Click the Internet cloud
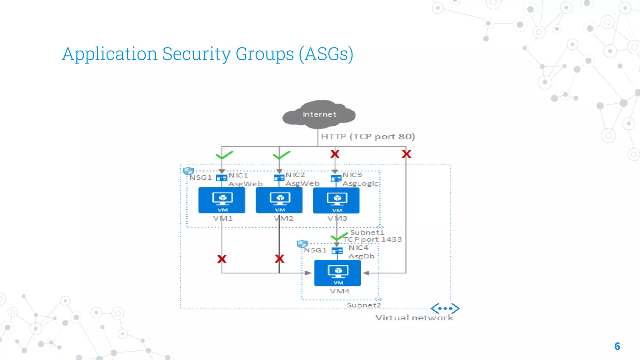(x=319, y=114)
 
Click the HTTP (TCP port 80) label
(x=368, y=137)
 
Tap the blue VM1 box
(x=222, y=200)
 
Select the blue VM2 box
(x=279, y=200)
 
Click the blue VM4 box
(x=337, y=273)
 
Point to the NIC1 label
(x=238, y=175)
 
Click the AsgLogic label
(x=360, y=183)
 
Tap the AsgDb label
(x=361, y=256)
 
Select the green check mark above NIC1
(x=224, y=155)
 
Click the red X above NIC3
(x=335, y=154)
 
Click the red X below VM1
(x=222, y=259)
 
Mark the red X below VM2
(x=279, y=259)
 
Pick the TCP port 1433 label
(x=372, y=240)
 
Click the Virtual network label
(x=414, y=318)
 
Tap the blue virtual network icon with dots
(x=445, y=308)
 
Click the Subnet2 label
(x=364, y=305)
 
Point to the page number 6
(x=617, y=346)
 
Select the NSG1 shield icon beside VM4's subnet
(x=302, y=244)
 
